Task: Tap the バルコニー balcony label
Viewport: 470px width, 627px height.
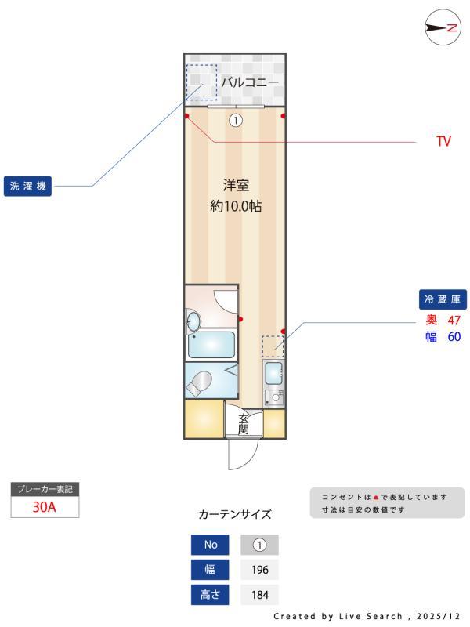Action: pos(250,81)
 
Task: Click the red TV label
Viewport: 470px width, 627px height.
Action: pos(443,143)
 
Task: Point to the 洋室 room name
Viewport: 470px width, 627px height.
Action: pos(235,186)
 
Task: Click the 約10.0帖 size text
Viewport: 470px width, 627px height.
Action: pos(235,208)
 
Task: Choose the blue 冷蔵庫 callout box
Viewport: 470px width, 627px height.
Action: pos(444,299)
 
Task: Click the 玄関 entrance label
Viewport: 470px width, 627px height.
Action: pos(244,423)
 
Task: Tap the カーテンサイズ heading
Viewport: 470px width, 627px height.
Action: pos(235,515)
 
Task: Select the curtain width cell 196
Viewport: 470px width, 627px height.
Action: pos(259,570)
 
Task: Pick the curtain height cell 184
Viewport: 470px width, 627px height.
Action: pos(259,595)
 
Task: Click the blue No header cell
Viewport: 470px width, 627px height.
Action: pos(211,545)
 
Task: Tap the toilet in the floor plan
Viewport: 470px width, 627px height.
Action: pos(199,382)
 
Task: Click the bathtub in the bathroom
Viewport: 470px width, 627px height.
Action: pos(212,344)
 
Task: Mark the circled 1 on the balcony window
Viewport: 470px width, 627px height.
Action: pos(236,121)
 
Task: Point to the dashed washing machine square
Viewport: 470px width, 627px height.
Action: pos(201,82)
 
